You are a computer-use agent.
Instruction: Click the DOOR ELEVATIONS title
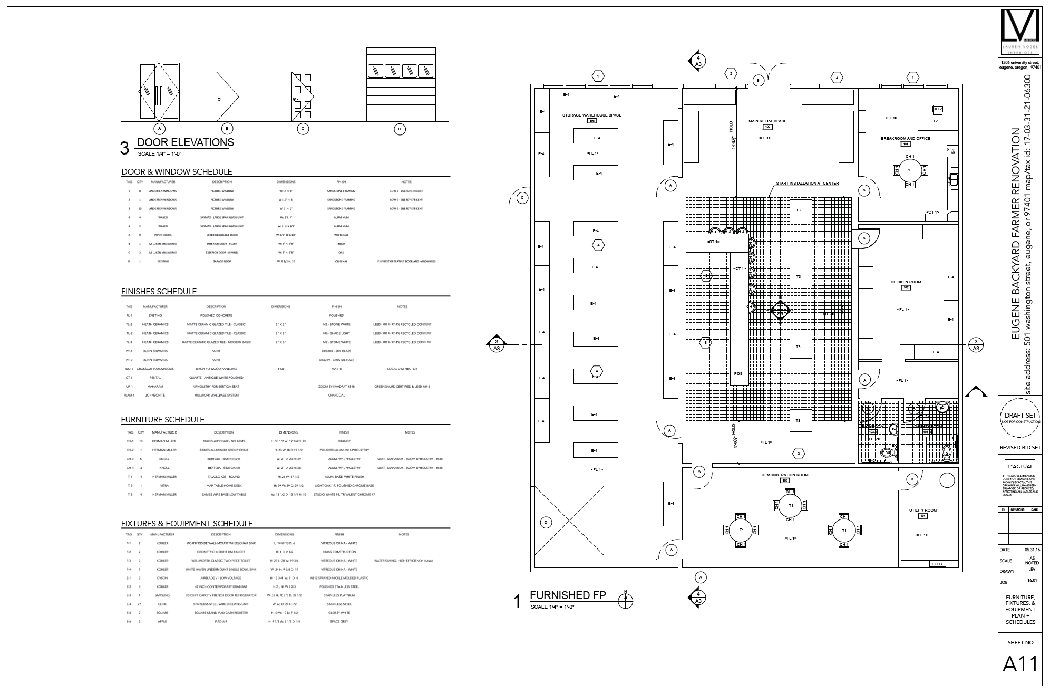[x=185, y=142]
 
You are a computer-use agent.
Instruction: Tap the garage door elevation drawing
[x=402, y=85]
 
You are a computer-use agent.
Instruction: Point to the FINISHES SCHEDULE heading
[x=159, y=291]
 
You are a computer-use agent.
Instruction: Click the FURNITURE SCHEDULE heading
[x=162, y=420]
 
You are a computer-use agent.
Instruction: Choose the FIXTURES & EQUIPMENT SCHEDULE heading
[x=187, y=524]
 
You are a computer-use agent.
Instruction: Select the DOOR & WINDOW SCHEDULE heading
[x=177, y=172]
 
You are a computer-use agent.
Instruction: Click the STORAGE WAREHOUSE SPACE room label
[x=591, y=115]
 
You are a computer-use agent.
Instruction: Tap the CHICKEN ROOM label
[x=906, y=282]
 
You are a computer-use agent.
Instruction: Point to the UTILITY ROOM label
[x=922, y=510]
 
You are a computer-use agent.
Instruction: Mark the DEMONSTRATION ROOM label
[x=784, y=475]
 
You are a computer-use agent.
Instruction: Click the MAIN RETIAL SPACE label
[x=767, y=121]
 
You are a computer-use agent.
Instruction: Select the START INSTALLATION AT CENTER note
[x=806, y=184]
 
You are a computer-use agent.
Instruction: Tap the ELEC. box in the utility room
[x=937, y=564]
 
